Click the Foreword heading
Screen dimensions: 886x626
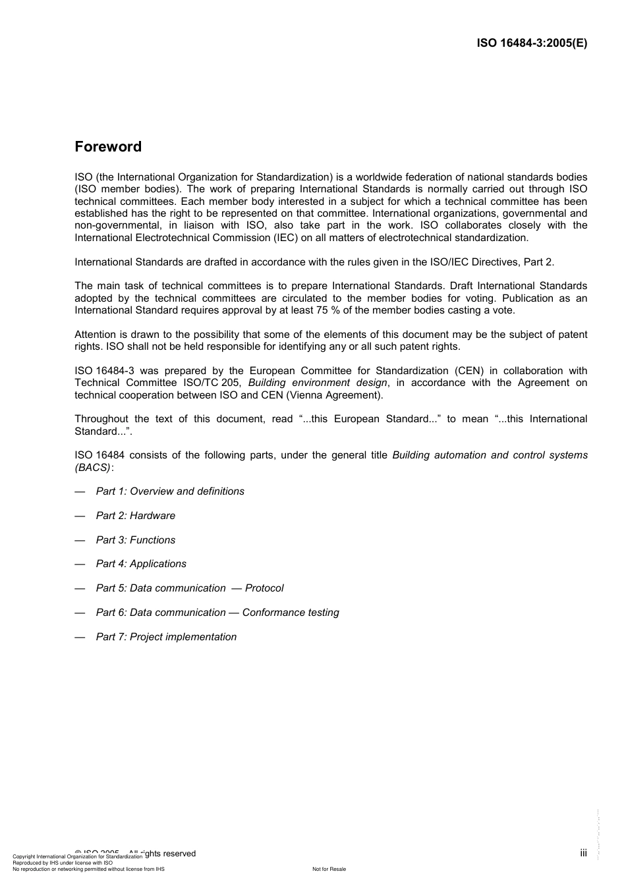108,147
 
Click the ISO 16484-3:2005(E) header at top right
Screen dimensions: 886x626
532,43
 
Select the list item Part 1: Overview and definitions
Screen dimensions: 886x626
170,491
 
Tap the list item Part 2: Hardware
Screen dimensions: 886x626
136,516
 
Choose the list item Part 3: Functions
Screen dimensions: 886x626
136,540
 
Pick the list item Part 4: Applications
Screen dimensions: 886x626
141,564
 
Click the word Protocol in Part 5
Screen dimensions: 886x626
264,588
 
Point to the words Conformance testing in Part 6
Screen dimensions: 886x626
291,613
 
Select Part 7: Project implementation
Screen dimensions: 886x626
166,637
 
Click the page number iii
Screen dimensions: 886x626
583,853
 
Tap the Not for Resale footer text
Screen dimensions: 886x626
329,869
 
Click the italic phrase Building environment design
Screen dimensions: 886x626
318,383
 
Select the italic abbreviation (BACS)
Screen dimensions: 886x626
93,467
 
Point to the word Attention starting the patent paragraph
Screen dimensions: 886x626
95,335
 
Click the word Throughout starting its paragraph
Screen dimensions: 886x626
101,419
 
